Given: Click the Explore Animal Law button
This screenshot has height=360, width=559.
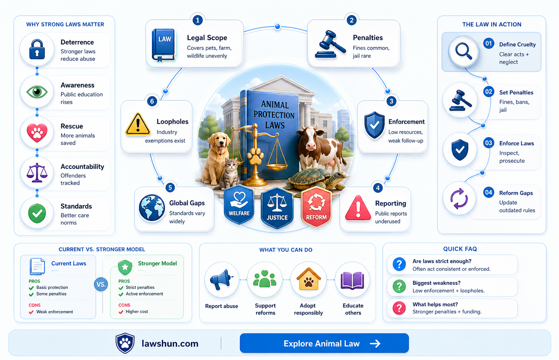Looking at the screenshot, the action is click(x=324, y=343).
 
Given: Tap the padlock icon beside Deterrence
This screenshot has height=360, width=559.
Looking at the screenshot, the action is click(x=37, y=49).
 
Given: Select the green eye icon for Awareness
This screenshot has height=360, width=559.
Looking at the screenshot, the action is click(x=37, y=92).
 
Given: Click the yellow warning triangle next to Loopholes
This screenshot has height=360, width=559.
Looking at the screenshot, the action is click(x=138, y=124).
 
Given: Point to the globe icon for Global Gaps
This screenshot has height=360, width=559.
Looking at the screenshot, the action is click(x=152, y=208).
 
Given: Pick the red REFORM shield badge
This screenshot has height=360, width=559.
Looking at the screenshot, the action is click(x=316, y=207).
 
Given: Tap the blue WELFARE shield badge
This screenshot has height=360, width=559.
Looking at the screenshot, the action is click(x=239, y=204).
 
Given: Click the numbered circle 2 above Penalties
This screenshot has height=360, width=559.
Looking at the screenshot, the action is click(x=351, y=20).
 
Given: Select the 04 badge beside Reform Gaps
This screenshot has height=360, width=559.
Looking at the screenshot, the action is click(x=489, y=193).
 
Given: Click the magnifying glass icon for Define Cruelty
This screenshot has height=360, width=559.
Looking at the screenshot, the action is click(x=464, y=51).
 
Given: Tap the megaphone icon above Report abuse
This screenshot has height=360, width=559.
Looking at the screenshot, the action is click(x=221, y=279).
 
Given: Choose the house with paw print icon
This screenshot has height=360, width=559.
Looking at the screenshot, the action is click(x=308, y=279).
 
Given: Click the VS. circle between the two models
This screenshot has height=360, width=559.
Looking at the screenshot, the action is click(x=101, y=284).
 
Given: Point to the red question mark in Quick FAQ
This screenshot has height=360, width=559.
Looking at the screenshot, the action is click(x=399, y=308).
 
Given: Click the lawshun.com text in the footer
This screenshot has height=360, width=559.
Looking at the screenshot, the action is click(x=170, y=344).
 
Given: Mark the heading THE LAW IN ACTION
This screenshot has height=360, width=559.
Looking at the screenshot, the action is click(x=492, y=24).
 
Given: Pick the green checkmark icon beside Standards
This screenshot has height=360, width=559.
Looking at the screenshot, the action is click(x=37, y=213).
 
